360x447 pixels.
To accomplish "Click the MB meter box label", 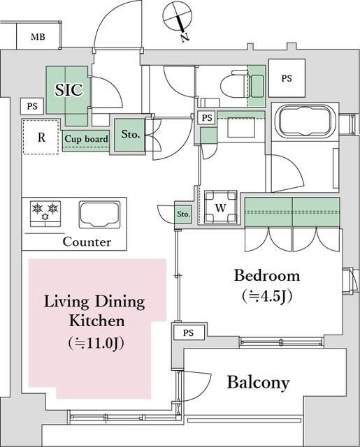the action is point(38,37).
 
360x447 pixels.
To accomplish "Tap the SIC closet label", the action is point(69,90).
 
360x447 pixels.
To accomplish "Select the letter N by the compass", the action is point(185,37).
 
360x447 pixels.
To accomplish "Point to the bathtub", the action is point(305,121).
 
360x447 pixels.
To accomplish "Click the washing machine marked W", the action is point(220,207).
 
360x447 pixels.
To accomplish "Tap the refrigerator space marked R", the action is point(41,138).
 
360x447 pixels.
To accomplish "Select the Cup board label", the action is point(86,139).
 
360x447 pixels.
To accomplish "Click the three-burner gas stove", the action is point(45,214).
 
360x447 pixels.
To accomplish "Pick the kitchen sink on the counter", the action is point(99,214).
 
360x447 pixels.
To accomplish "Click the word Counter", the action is point(87,242).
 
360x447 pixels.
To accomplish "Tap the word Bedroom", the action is point(267,276).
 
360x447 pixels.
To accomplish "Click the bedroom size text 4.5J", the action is point(267,296).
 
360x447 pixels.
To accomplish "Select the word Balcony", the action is point(258,383).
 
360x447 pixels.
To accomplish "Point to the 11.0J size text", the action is point(96,344).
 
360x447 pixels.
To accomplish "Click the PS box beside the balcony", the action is point(188,332).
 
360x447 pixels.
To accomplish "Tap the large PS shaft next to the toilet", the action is point(287,78).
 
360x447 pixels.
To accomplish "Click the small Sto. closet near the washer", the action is point(183,214).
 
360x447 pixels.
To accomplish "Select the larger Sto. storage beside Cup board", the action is point(130,134).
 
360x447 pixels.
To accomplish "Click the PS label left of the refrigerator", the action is point(32,106).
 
